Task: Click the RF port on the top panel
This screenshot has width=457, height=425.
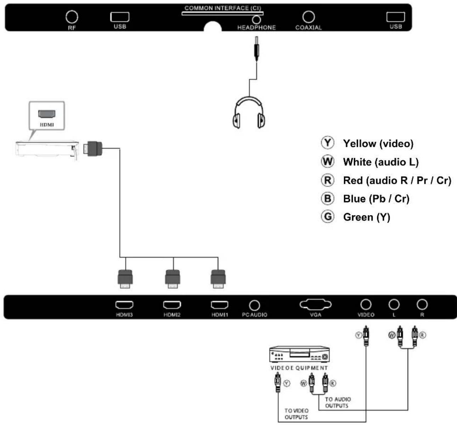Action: click(x=72, y=17)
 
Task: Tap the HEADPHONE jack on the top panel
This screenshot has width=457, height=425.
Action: click(x=256, y=20)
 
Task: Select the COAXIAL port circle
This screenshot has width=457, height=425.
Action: click(x=309, y=17)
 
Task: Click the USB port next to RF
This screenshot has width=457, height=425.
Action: click(x=120, y=17)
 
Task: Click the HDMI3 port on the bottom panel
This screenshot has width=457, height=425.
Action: click(x=124, y=305)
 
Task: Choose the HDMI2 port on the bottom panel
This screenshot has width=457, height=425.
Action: click(x=172, y=305)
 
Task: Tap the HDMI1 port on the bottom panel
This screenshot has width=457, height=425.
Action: click(x=220, y=305)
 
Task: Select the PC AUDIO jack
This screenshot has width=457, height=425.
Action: click(x=254, y=305)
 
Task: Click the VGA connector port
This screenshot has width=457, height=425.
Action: click(x=315, y=304)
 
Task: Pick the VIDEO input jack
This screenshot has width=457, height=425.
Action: click(x=366, y=304)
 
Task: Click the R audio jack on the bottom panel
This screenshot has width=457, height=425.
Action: click(x=422, y=304)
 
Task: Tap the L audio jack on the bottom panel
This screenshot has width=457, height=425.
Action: click(x=394, y=304)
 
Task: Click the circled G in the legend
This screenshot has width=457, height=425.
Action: click(x=327, y=216)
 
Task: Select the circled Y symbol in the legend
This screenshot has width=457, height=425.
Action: click(x=327, y=143)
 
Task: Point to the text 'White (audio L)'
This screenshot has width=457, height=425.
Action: click(x=381, y=162)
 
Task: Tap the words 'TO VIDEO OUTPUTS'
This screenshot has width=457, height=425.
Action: click(x=297, y=414)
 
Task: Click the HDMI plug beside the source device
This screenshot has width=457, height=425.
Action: click(x=93, y=148)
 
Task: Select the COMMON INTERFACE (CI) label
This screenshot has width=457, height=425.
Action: click(x=222, y=8)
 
